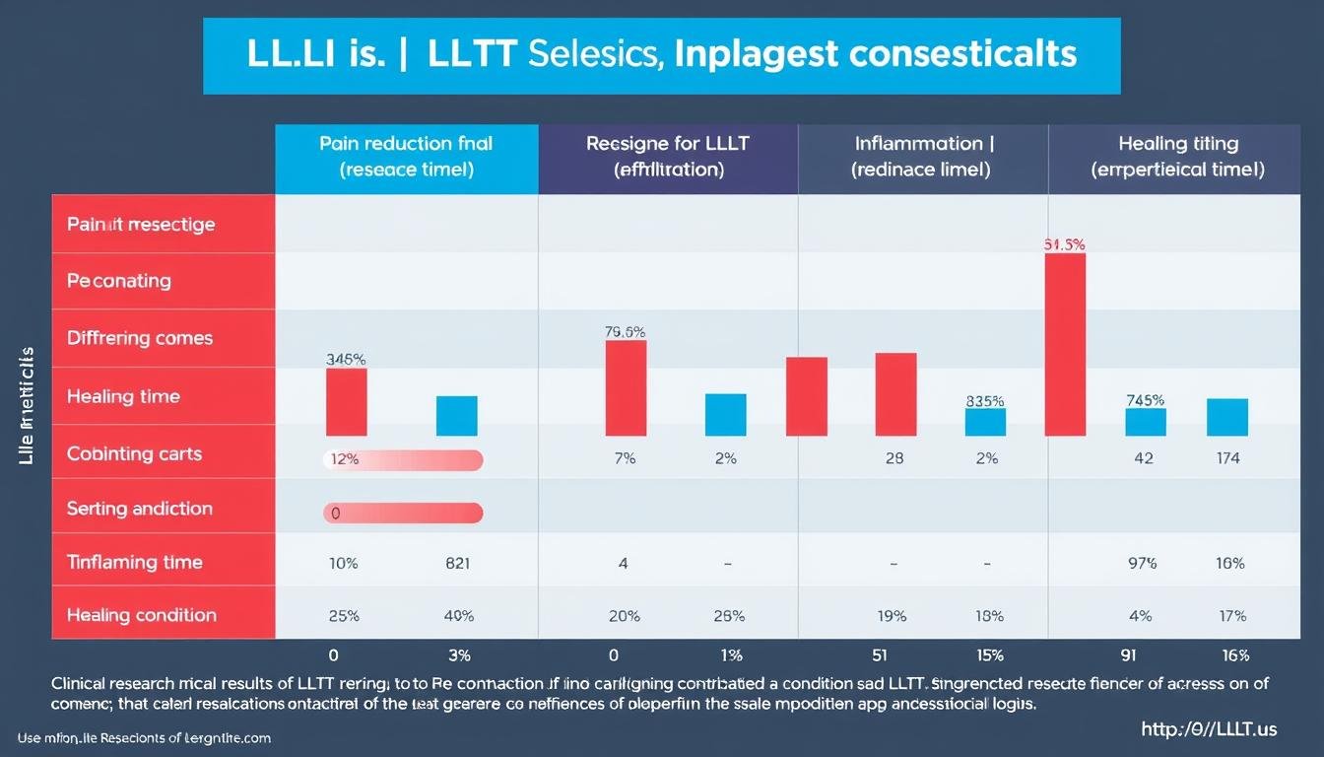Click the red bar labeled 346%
(x=346, y=402)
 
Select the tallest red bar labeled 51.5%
(x=1065, y=344)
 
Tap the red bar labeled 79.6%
(x=626, y=388)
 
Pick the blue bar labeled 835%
(x=985, y=422)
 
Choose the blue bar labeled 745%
(x=1146, y=422)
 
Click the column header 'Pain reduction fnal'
(x=406, y=157)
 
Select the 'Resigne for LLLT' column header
(x=668, y=157)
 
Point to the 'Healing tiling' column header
(x=1177, y=157)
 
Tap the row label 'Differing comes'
(x=140, y=338)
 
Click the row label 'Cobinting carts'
(x=134, y=454)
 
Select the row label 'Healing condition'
(x=141, y=615)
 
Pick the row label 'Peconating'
(x=119, y=281)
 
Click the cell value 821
(x=457, y=564)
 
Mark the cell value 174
(x=1228, y=458)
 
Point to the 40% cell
(x=458, y=616)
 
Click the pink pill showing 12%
(x=403, y=459)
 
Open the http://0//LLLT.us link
(x=1208, y=729)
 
